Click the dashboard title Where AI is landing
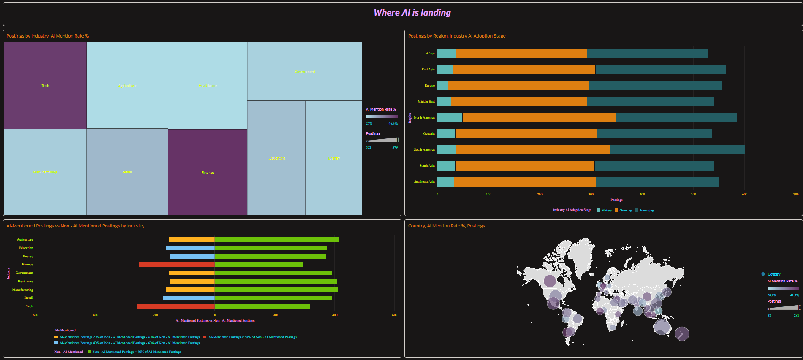click(x=412, y=13)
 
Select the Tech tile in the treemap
click(x=45, y=85)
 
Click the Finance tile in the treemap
click(x=207, y=172)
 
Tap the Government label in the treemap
click(x=305, y=72)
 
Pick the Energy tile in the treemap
click(x=334, y=158)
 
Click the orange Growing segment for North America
click(x=539, y=118)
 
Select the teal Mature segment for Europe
click(x=442, y=86)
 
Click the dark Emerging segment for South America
click(x=677, y=150)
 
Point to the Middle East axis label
click(x=426, y=102)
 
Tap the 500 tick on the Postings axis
click(x=693, y=194)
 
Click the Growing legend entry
click(x=625, y=210)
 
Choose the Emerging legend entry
click(x=646, y=210)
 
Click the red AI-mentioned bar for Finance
click(x=177, y=265)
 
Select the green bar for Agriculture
click(x=277, y=240)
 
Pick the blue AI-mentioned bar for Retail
click(x=189, y=298)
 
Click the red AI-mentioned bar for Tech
click(x=176, y=306)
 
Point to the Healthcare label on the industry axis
click(x=25, y=282)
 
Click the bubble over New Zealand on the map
click(x=682, y=334)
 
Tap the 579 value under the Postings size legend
click(x=395, y=147)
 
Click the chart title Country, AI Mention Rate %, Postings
click(x=446, y=226)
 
